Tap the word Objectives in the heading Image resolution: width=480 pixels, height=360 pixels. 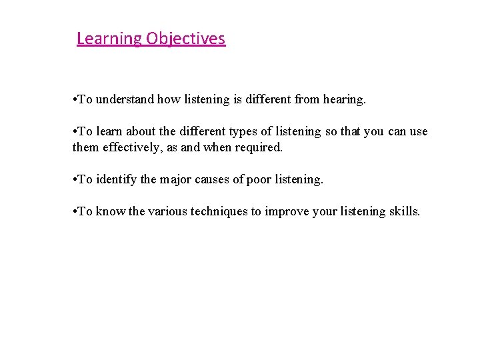185,39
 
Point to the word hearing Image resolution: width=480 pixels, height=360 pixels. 344,99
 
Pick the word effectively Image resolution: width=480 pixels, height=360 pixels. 127,147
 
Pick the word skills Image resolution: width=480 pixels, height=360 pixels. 404,211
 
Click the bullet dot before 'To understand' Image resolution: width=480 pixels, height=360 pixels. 75,100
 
